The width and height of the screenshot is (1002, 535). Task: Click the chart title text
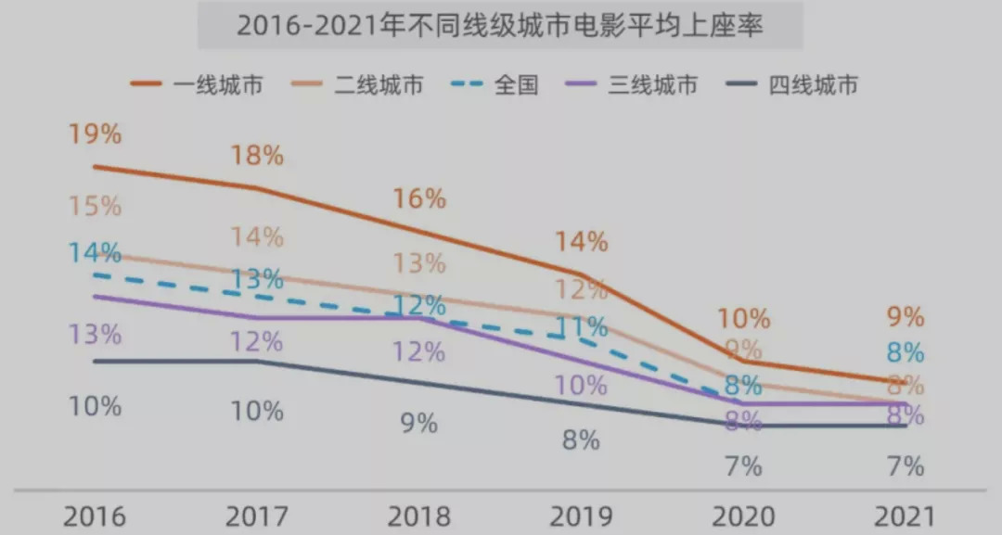click(x=500, y=25)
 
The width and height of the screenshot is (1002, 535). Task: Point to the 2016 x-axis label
click(x=95, y=516)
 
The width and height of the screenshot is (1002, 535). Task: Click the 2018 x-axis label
click(x=418, y=516)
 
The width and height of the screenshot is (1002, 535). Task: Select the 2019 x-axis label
click(x=581, y=516)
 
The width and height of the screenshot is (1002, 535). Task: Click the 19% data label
click(x=95, y=134)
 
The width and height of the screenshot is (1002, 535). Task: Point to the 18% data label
click(x=257, y=155)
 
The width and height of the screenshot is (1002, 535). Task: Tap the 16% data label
click(x=419, y=198)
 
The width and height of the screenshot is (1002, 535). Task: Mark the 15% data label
click(x=95, y=206)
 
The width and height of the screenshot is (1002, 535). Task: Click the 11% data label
click(x=582, y=326)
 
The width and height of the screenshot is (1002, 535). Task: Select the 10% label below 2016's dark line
click(x=95, y=406)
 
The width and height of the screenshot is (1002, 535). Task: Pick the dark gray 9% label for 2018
click(x=419, y=424)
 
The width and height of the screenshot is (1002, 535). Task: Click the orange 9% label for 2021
click(x=906, y=317)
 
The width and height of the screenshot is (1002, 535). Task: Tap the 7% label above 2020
click(x=743, y=466)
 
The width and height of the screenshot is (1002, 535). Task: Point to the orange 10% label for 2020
click(x=744, y=319)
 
